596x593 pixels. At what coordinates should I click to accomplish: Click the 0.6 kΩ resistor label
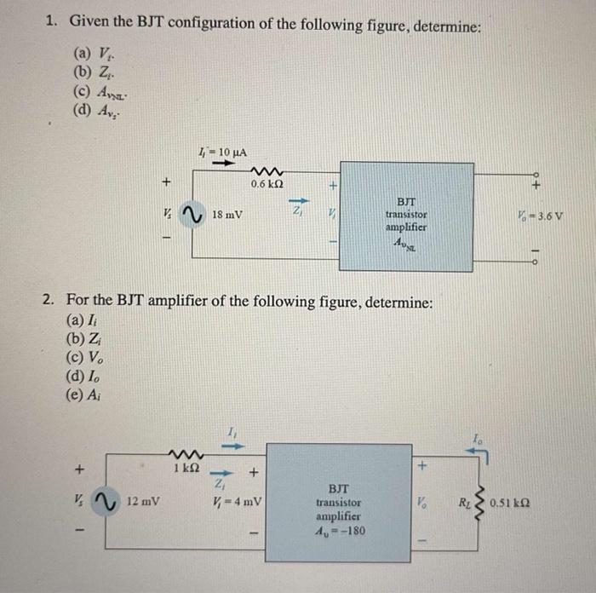coord(266,183)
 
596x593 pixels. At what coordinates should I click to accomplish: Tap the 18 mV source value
coord(227,215)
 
